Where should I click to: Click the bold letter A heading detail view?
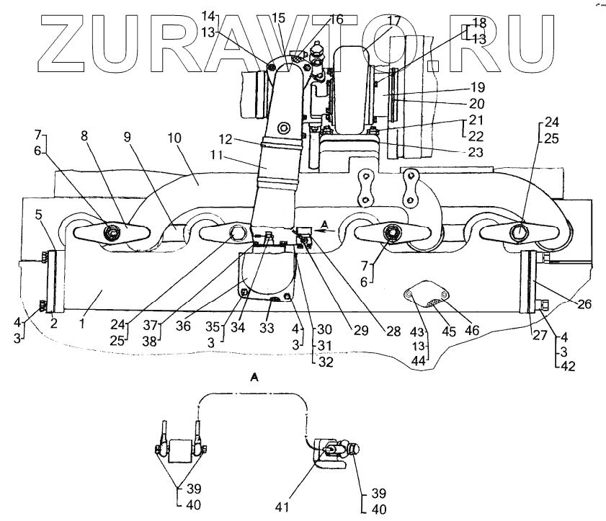coord(253,375)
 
